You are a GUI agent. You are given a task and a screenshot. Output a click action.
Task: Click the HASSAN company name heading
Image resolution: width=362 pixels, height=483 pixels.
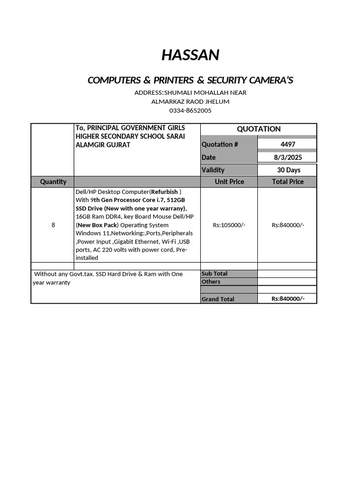point(190,55)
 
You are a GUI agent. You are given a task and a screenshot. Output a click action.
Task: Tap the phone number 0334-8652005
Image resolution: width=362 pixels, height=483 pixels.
point(190,111)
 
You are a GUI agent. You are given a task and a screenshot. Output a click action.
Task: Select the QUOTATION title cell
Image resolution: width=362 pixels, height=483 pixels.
point(258,129)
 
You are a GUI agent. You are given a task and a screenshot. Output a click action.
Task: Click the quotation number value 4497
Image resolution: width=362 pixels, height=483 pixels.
point(288,144)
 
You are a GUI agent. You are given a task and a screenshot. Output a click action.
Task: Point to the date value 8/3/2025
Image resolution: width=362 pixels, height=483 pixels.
point(288,157)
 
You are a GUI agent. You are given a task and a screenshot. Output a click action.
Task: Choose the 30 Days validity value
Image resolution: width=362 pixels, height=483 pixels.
point(288,170)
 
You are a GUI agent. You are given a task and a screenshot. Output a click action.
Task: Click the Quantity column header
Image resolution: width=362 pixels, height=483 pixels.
point(53,182)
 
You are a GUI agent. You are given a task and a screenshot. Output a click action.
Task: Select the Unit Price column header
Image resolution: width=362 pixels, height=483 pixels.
point(229,182)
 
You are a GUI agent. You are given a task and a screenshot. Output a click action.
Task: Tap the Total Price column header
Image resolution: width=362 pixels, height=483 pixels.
point(288,182)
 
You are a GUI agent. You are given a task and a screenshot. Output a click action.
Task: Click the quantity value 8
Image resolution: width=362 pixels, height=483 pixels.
point(53,225)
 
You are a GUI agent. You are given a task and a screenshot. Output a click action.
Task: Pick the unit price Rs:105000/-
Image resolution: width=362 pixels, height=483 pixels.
point(229,225)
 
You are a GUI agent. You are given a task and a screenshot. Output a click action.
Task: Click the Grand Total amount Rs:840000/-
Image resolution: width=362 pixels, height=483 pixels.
point(288,299)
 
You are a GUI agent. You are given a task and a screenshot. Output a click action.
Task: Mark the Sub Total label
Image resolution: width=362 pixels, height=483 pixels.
point(214,274)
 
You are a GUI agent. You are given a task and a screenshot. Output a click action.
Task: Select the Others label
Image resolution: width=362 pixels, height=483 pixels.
point(211,282)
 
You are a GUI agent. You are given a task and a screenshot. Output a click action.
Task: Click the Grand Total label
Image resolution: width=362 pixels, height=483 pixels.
point(218,299)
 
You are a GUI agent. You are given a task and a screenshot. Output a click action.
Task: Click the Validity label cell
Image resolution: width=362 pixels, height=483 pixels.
point(213,170)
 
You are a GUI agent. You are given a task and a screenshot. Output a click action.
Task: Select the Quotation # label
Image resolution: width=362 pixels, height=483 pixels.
point(220,144)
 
